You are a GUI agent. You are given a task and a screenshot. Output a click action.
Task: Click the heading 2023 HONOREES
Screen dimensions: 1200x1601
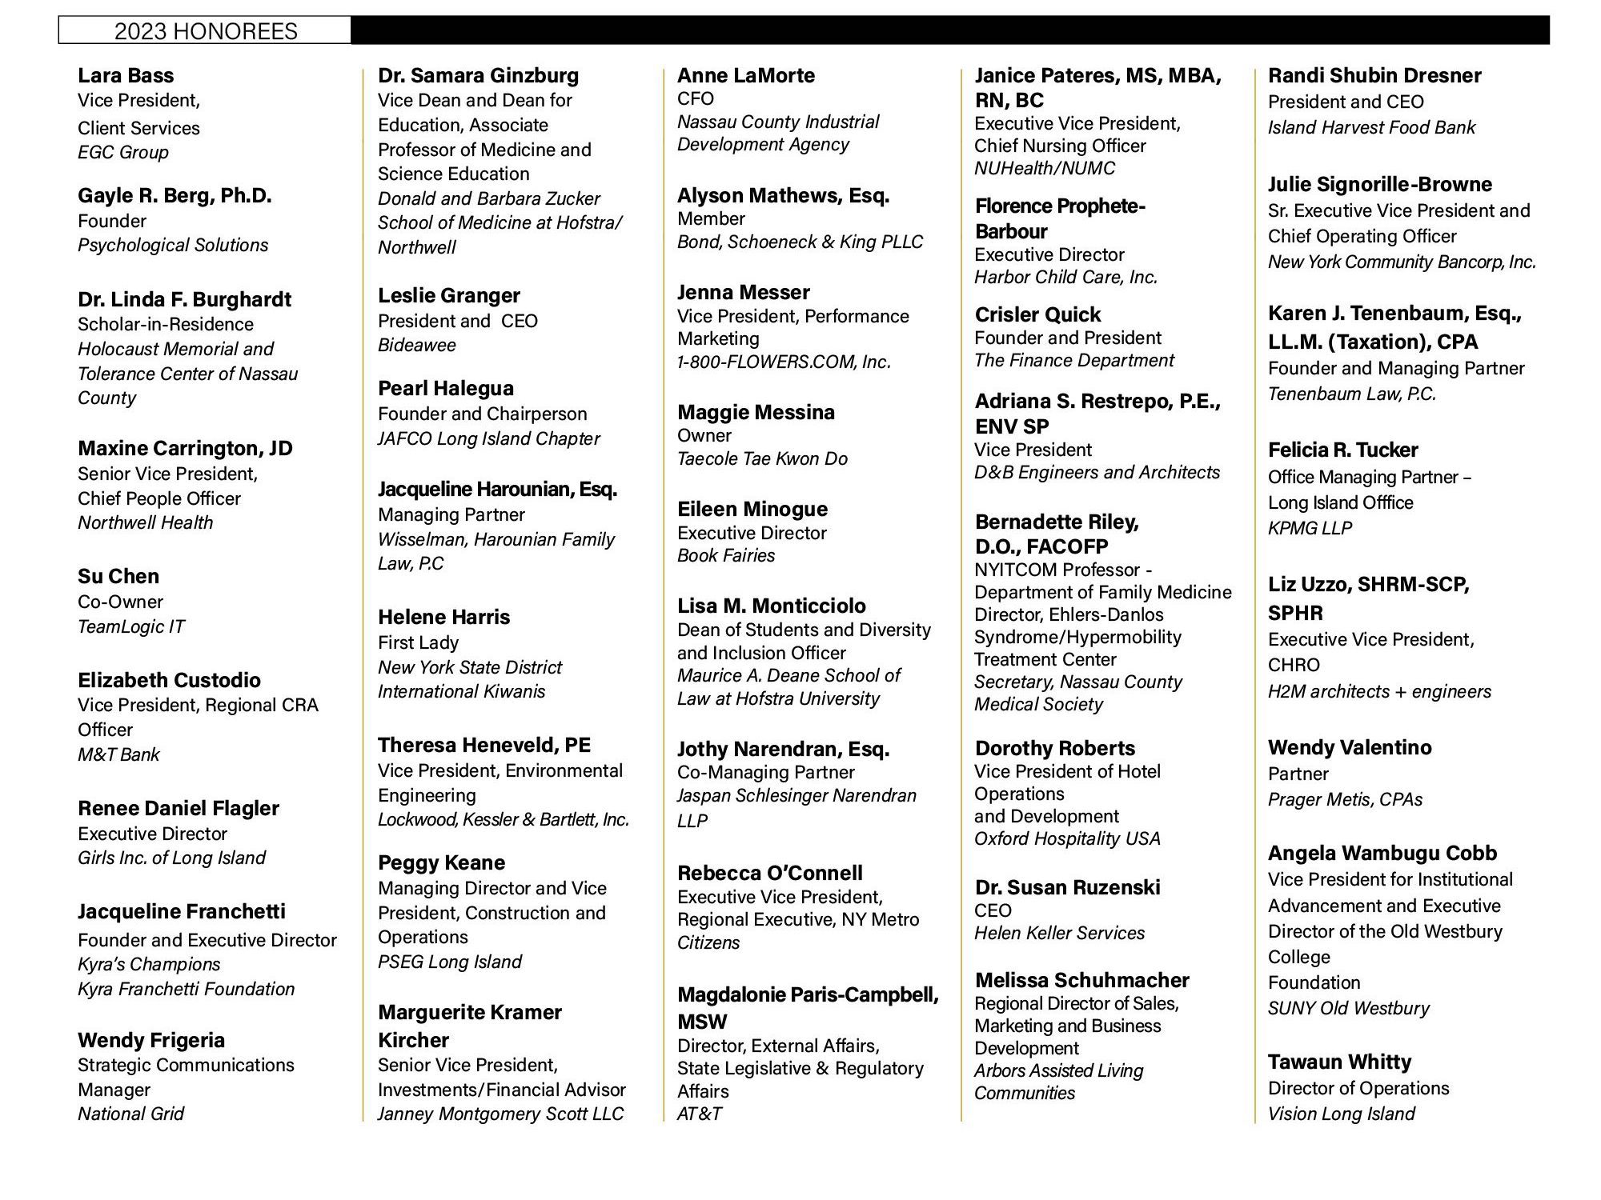[x=206, y=31]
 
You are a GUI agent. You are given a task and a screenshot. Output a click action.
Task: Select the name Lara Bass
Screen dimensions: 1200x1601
[x=126, y=75]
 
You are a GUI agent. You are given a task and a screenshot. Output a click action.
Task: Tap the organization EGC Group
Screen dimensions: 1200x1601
[x=123, y=152]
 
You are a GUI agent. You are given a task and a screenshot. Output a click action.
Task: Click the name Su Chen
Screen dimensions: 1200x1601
[x=118, y=576]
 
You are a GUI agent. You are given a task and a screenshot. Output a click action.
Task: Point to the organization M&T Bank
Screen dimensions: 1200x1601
[x=118, y=754]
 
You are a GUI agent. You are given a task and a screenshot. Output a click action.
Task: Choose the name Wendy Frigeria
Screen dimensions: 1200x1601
[x=151, y=1040]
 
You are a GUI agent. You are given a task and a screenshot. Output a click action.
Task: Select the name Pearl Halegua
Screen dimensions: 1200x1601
[x=446, y=388]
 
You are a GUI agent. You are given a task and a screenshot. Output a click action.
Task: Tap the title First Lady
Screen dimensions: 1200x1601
[x=418, y=642]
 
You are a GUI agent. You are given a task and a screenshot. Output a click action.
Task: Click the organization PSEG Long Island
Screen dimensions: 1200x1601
[x=450, y=962]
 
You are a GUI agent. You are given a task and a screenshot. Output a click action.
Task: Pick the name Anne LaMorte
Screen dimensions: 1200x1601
[x=746, y=75]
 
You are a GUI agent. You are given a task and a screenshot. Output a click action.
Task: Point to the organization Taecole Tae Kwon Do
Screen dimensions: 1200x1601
[x=762, y=458]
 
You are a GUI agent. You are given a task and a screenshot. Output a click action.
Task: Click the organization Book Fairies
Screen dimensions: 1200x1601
[x=726, y=555]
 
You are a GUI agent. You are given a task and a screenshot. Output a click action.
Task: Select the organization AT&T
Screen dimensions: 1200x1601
[x=700, y=1114]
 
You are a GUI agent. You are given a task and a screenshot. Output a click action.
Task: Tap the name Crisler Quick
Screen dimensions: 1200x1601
[x=1038, y=314]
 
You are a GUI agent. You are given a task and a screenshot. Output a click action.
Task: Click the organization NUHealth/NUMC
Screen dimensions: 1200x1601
[x=1045, y=168]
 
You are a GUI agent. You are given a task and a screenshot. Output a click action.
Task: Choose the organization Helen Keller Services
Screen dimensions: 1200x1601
[x=1059, y=933]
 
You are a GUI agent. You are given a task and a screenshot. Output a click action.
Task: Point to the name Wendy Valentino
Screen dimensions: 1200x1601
[x=1350, y=747]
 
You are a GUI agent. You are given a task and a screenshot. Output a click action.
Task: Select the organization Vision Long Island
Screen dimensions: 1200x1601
[x=1342, y=1114]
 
